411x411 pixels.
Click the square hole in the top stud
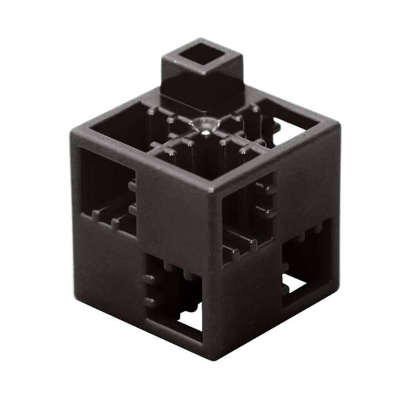[202, 59]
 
